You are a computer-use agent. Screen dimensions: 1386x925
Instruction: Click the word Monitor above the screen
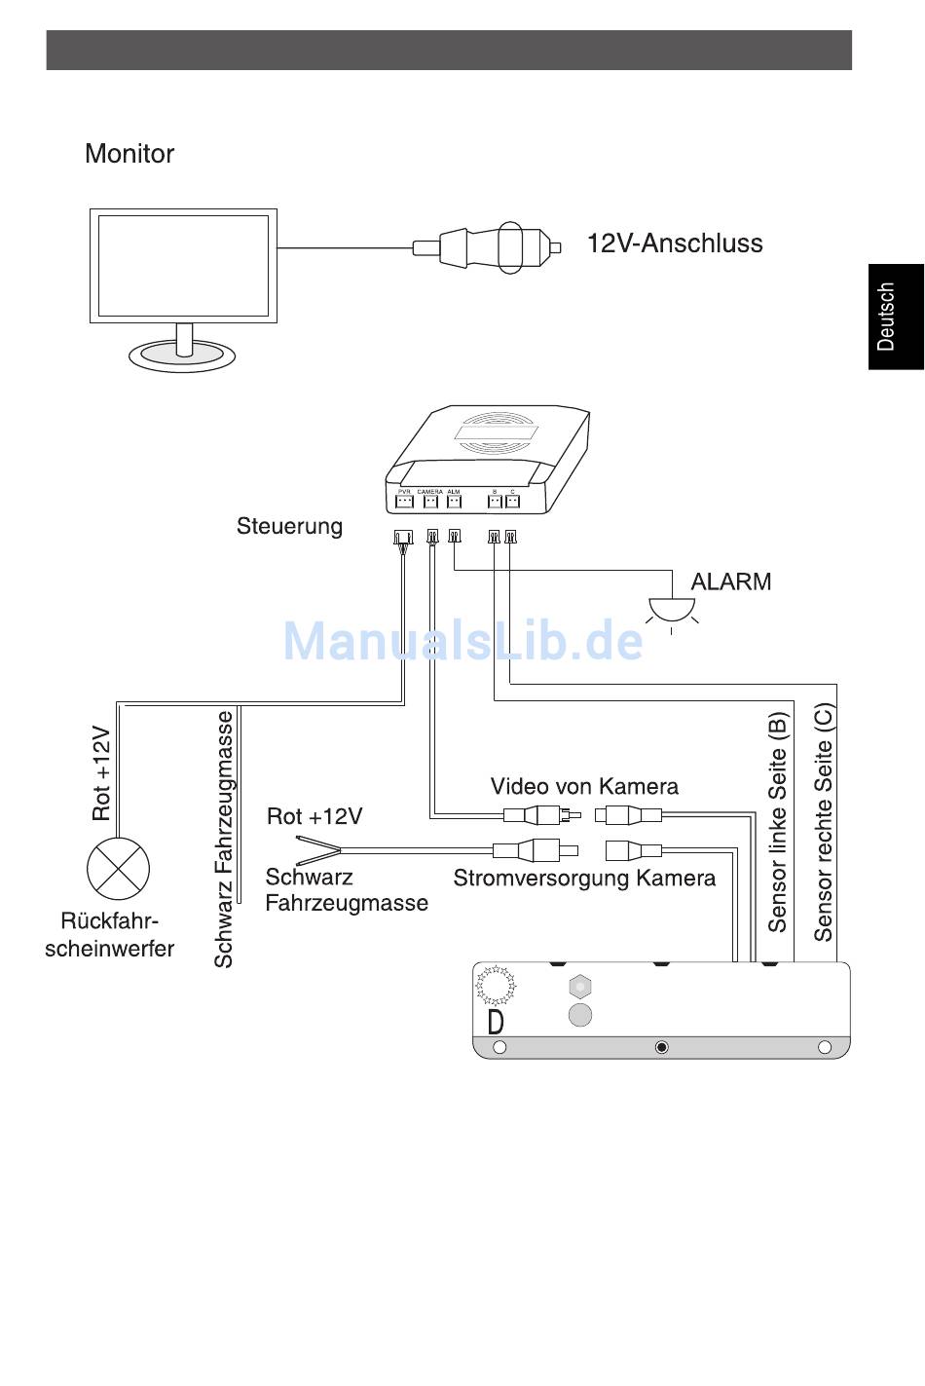(x=129, y=154)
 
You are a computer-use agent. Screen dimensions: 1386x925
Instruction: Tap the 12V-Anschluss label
(x=674, y=243)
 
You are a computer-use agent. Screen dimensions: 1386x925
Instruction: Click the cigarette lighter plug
(x=487, y=246)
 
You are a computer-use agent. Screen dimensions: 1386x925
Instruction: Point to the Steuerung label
(x=289, y=527)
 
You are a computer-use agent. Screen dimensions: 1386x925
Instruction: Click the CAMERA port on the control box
(x=430, y=502)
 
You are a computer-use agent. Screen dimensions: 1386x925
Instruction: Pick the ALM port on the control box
(x=454, y=502)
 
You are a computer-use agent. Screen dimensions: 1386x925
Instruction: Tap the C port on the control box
(x=512, y=502)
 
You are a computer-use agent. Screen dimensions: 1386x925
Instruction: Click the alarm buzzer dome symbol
(x=671, y=609)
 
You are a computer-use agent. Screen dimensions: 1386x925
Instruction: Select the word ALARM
(x=730, y=582)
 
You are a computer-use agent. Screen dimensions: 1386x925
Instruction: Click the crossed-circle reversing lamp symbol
(x=118, y=868)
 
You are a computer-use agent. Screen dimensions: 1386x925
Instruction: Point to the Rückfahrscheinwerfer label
(x=109, y=935)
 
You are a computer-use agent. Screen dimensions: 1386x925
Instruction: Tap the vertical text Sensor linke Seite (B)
(x=777, y=822)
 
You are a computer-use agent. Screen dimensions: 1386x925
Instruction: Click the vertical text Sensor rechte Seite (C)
(x=824, y=822)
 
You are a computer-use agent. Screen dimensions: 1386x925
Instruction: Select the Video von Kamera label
(x=584, y=786)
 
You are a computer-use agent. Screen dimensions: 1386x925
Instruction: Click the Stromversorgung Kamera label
(x=584, y=879)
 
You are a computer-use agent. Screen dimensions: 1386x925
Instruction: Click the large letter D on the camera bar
(x=496, y=1022)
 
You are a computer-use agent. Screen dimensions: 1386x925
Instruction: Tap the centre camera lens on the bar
(x=662, y=1047)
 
